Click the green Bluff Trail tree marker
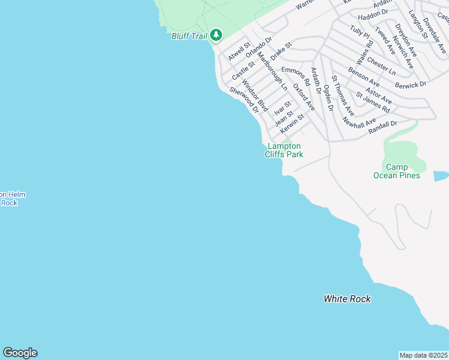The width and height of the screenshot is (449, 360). (216, 36)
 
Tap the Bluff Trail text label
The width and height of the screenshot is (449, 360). (189, 37)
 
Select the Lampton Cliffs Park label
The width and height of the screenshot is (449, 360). (284, 150)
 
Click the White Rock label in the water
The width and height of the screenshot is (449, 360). (347, 299)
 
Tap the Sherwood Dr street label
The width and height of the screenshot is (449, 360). (244, 100)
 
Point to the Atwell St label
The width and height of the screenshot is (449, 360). (239, 52)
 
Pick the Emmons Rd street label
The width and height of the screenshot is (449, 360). (295, 76)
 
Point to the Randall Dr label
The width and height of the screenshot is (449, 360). (383, 127)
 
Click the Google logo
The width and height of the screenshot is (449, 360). (20, 353)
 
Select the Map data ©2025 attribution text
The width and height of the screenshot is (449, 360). (423, 355)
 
